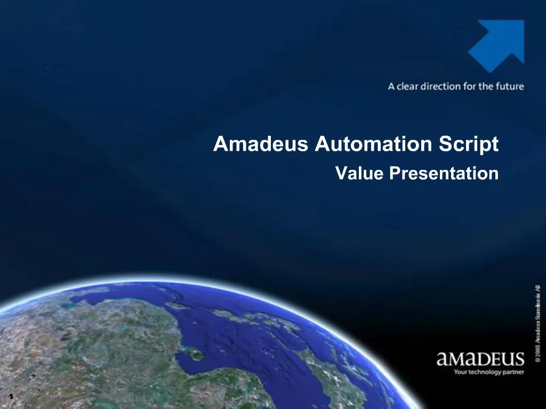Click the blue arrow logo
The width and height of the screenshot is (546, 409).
tap(497, 45)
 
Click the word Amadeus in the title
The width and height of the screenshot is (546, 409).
tap(261, 144)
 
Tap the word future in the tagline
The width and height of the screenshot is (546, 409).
tap(509, 86)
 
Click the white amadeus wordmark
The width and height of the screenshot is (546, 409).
tap(480, 359)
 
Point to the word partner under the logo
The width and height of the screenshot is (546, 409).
tap(514, 372)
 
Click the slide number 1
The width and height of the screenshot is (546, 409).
tap(10, 397)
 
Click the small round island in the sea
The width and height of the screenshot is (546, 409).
tap(196, 354)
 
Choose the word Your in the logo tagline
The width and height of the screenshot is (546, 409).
tap(460, 372)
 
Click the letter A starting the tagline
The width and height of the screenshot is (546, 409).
tap(391, 86)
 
